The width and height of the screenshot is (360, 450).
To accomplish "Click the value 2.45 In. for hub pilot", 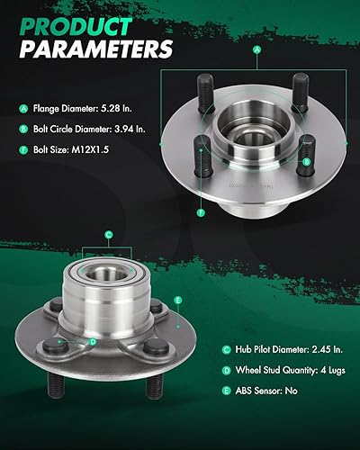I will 323,348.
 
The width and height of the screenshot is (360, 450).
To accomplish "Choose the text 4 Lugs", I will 329,370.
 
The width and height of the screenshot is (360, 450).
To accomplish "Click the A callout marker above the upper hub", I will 257,49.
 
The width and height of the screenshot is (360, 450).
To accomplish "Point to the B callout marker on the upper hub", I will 307,162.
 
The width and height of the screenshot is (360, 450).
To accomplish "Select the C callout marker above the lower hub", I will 108,235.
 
